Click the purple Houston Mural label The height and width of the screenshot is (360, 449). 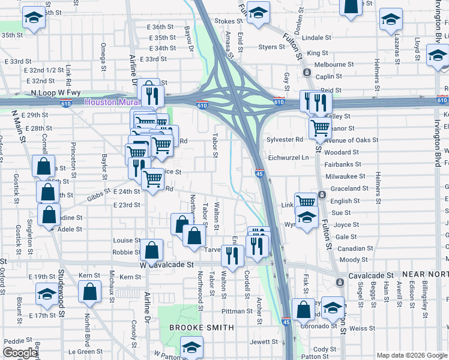(x=111, y=102)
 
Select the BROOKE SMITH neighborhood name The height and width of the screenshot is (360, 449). (x=201, y=328)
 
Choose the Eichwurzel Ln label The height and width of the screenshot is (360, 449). (x=288, y=157)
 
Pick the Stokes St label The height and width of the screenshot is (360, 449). (x=224, y=21)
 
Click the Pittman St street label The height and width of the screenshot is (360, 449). (x=237, y=311)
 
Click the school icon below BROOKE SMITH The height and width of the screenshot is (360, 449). (x=191, y=346)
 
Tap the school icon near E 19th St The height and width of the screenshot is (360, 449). (x=46, y=294)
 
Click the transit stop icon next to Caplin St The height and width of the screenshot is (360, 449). (x=307, y=73)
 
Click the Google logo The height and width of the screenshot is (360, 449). (x=20, y=353)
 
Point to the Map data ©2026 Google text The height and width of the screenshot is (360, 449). (x=411, y=355)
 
